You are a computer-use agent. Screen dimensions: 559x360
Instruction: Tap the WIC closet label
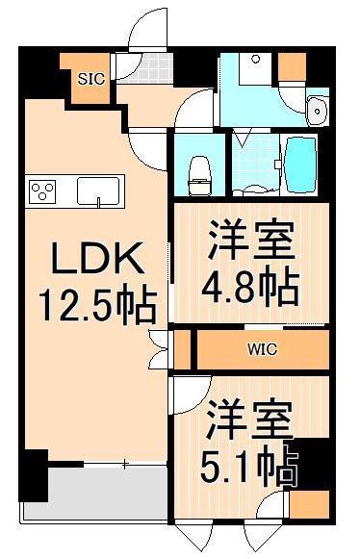coord(262,348)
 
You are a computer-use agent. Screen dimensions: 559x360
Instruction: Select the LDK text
coord(96,259)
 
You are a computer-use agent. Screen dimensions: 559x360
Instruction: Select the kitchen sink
coord(97,191)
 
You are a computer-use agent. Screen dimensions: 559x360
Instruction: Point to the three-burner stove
coord(43,190)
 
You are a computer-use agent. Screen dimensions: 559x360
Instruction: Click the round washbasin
coord(318,112)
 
